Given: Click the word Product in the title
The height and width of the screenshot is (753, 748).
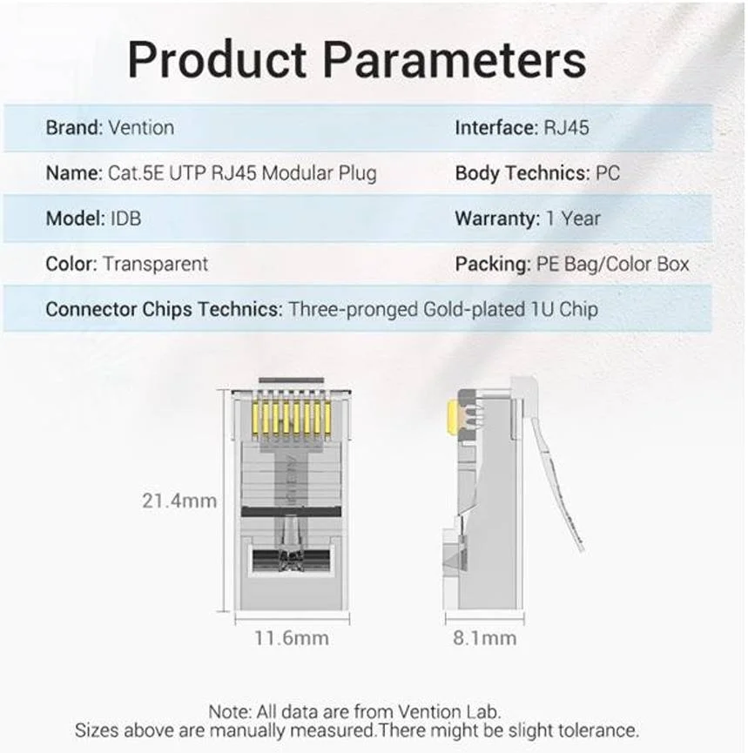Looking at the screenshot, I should coord(218,59).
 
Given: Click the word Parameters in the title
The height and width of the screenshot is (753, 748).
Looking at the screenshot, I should coord(455,59).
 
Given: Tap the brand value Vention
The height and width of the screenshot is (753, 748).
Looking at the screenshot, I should coord(141,128).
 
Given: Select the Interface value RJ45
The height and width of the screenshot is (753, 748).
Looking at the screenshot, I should coord(566,128).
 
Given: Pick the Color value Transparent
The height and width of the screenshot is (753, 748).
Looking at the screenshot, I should coord(156,264).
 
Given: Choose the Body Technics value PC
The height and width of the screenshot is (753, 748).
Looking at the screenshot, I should coord(608,173).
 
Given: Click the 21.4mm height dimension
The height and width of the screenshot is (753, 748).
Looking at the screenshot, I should coord(179,501).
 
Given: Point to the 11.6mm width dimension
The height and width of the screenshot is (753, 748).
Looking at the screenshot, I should coord(292,638).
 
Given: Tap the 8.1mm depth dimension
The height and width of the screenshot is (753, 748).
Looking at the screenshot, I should coord(486,638).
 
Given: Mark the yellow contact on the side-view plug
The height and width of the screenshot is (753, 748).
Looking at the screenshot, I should coord(452,418).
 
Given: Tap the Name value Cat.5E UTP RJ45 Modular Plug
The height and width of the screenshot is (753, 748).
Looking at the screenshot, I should coord(242,173).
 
